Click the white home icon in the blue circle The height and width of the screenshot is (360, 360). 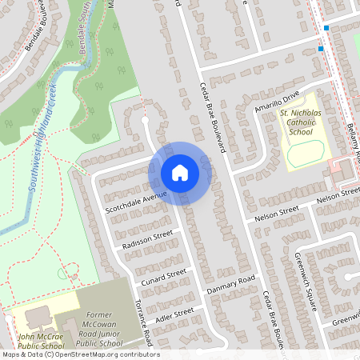pos(180,172)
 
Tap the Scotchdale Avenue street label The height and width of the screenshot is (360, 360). pos(135,202)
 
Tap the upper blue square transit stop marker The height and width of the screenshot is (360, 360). pos(326,29)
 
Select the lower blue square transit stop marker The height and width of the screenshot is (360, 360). pos(321,49)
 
